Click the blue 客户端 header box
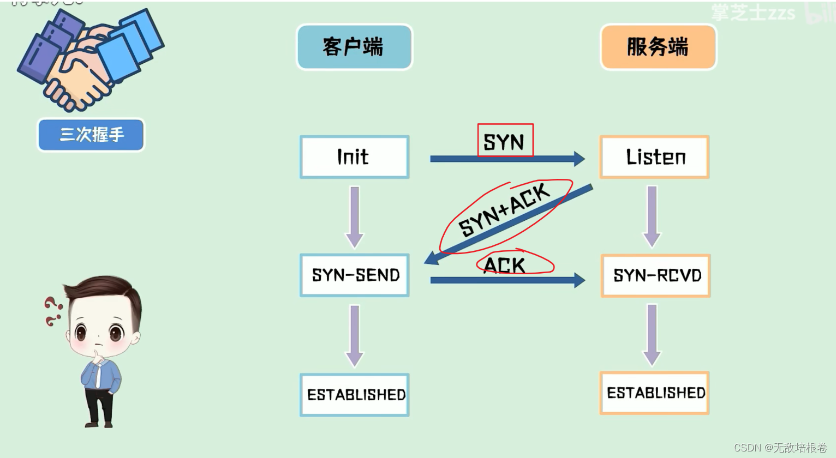[354, 47]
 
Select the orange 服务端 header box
[658, 47]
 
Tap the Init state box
[354, 157]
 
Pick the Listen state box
[654, 157]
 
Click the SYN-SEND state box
[355, 275]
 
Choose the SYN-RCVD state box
[656, 275]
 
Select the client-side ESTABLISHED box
[355, 395]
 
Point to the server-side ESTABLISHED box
[655, 393]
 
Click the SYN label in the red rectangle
[504, 142]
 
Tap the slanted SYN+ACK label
[504, 210]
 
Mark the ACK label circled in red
[505, 265]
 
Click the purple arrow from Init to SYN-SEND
[355, 216]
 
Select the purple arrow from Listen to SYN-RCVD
[652, 216]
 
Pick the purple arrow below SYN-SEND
[355, 335]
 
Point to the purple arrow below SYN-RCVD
[652, 334]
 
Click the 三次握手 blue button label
[91, 135]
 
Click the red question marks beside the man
[52, 311]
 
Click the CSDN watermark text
[780, 448]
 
